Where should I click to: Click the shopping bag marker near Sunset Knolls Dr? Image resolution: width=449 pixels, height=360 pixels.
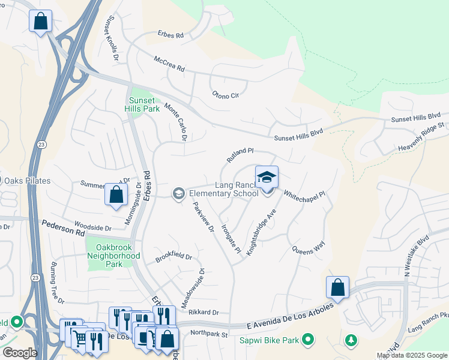pyautogui.click(x=40, y=22)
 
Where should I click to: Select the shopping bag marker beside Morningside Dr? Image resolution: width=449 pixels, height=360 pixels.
pyautogui.click(x=116, y=195)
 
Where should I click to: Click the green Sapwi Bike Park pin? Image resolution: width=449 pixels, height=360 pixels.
pyautogui.click(x=308, y=341)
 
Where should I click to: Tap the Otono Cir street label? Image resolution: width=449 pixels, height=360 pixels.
pyautogui.click(x=226, y=94)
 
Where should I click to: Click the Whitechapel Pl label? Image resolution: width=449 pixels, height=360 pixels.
pyautogui.click(x=304, y=195)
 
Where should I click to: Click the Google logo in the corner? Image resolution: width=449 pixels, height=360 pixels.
pyautogui.click(x=20, y=352)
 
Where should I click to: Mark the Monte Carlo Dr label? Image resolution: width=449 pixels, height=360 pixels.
pyautogui.click(x=176, y=122)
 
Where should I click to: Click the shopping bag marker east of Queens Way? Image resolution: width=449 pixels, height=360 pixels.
pyautogui.click(x=338, y=287)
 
